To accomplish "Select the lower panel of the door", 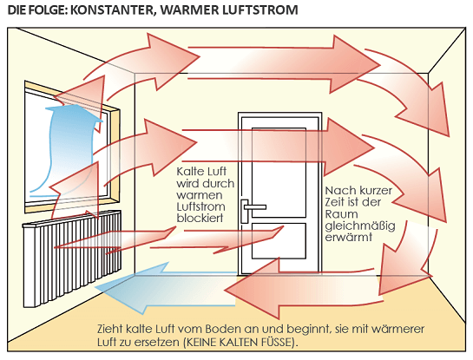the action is (x=279, y=241).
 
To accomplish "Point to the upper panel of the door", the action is (x=279, y=173).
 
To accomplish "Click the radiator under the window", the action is (x=72, y=258).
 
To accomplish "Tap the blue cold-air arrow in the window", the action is (x=69, y=145).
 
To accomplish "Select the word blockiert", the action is (x=200, y=218).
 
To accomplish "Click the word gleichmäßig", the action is (x=360, y=226).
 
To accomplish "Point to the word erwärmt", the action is (x=348, y=237).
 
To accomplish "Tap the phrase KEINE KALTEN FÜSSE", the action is (x=239, y=343).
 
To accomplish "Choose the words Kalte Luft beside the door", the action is (x=201, y=171).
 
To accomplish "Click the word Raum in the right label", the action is (x=341, y=214).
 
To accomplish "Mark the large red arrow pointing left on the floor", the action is (x=302, y=290).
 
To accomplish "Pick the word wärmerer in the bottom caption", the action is (x=397, y=329).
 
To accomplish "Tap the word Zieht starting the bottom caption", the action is (x=110, y=329).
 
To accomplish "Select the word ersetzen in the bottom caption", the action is (x=157, y=343).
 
